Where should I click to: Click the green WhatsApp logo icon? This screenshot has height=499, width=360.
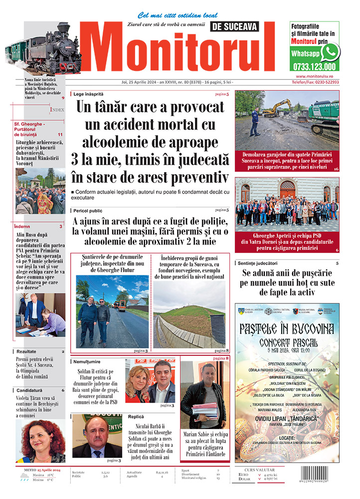330,51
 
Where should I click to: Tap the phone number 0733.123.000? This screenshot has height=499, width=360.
315,66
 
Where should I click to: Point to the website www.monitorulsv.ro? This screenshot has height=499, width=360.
315,76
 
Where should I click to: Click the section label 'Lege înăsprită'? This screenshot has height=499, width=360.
88,94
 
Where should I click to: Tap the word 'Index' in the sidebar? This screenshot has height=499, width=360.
57,109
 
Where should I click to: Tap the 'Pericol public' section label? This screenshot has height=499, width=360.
88,211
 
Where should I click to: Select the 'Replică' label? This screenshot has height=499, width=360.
136,417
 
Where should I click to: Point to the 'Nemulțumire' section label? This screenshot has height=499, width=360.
91,361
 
